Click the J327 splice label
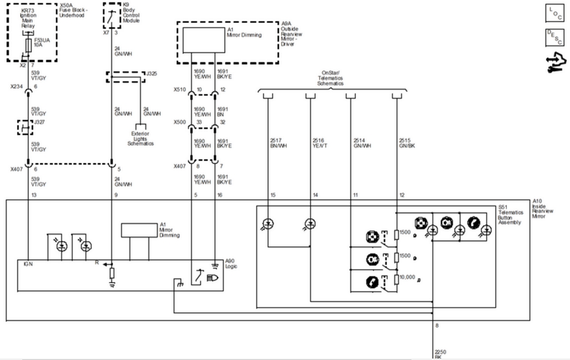pos(40,121)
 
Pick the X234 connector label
pos(17,86)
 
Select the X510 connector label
pos(179,90)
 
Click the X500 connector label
pos(179,122)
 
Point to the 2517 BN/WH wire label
pos(275,143)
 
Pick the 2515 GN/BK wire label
pos(407,143)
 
